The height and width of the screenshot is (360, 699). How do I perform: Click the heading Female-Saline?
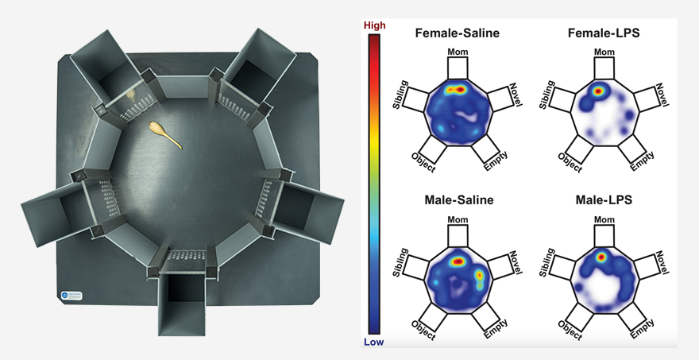click(458, 33)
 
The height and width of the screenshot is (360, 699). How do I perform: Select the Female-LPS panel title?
click(604, 33)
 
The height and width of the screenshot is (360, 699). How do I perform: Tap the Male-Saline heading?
click(459, 199)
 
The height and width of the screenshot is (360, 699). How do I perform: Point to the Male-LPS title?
click(604, 199)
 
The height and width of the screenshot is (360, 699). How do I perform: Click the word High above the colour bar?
click(374, 25)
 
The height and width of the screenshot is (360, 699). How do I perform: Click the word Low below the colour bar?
click(373, 343)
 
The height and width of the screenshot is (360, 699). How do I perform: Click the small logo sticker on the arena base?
click(71, 296)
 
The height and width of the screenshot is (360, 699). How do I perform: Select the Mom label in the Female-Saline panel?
click(458, 52)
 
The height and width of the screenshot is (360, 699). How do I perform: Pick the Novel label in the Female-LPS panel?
click(662, 95)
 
